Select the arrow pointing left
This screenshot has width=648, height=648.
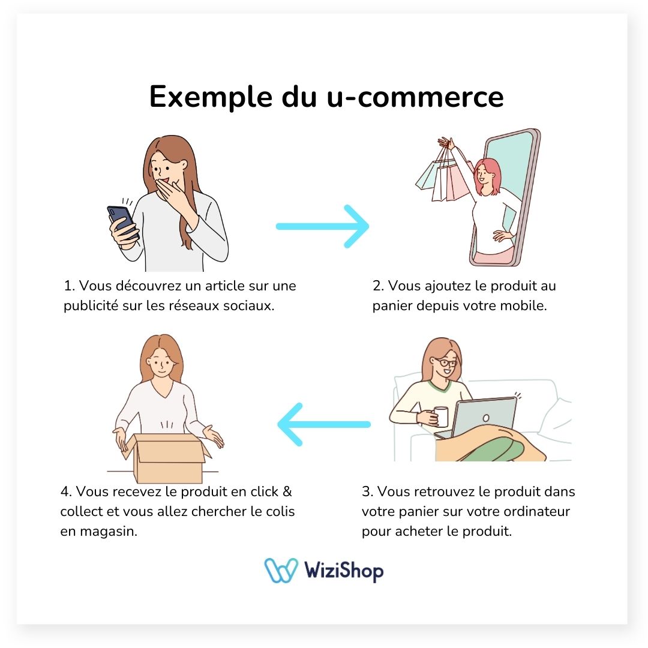tap(324, 424)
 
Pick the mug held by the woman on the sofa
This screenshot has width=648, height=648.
tap(441, 415)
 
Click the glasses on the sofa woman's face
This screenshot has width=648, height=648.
tap(446, 362)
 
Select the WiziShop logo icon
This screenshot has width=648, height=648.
tap(281, 571)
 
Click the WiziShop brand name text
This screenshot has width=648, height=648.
tap(344, 571)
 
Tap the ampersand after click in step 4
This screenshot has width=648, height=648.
tap(287, 491)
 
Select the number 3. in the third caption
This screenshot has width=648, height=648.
tap(367, 492)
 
